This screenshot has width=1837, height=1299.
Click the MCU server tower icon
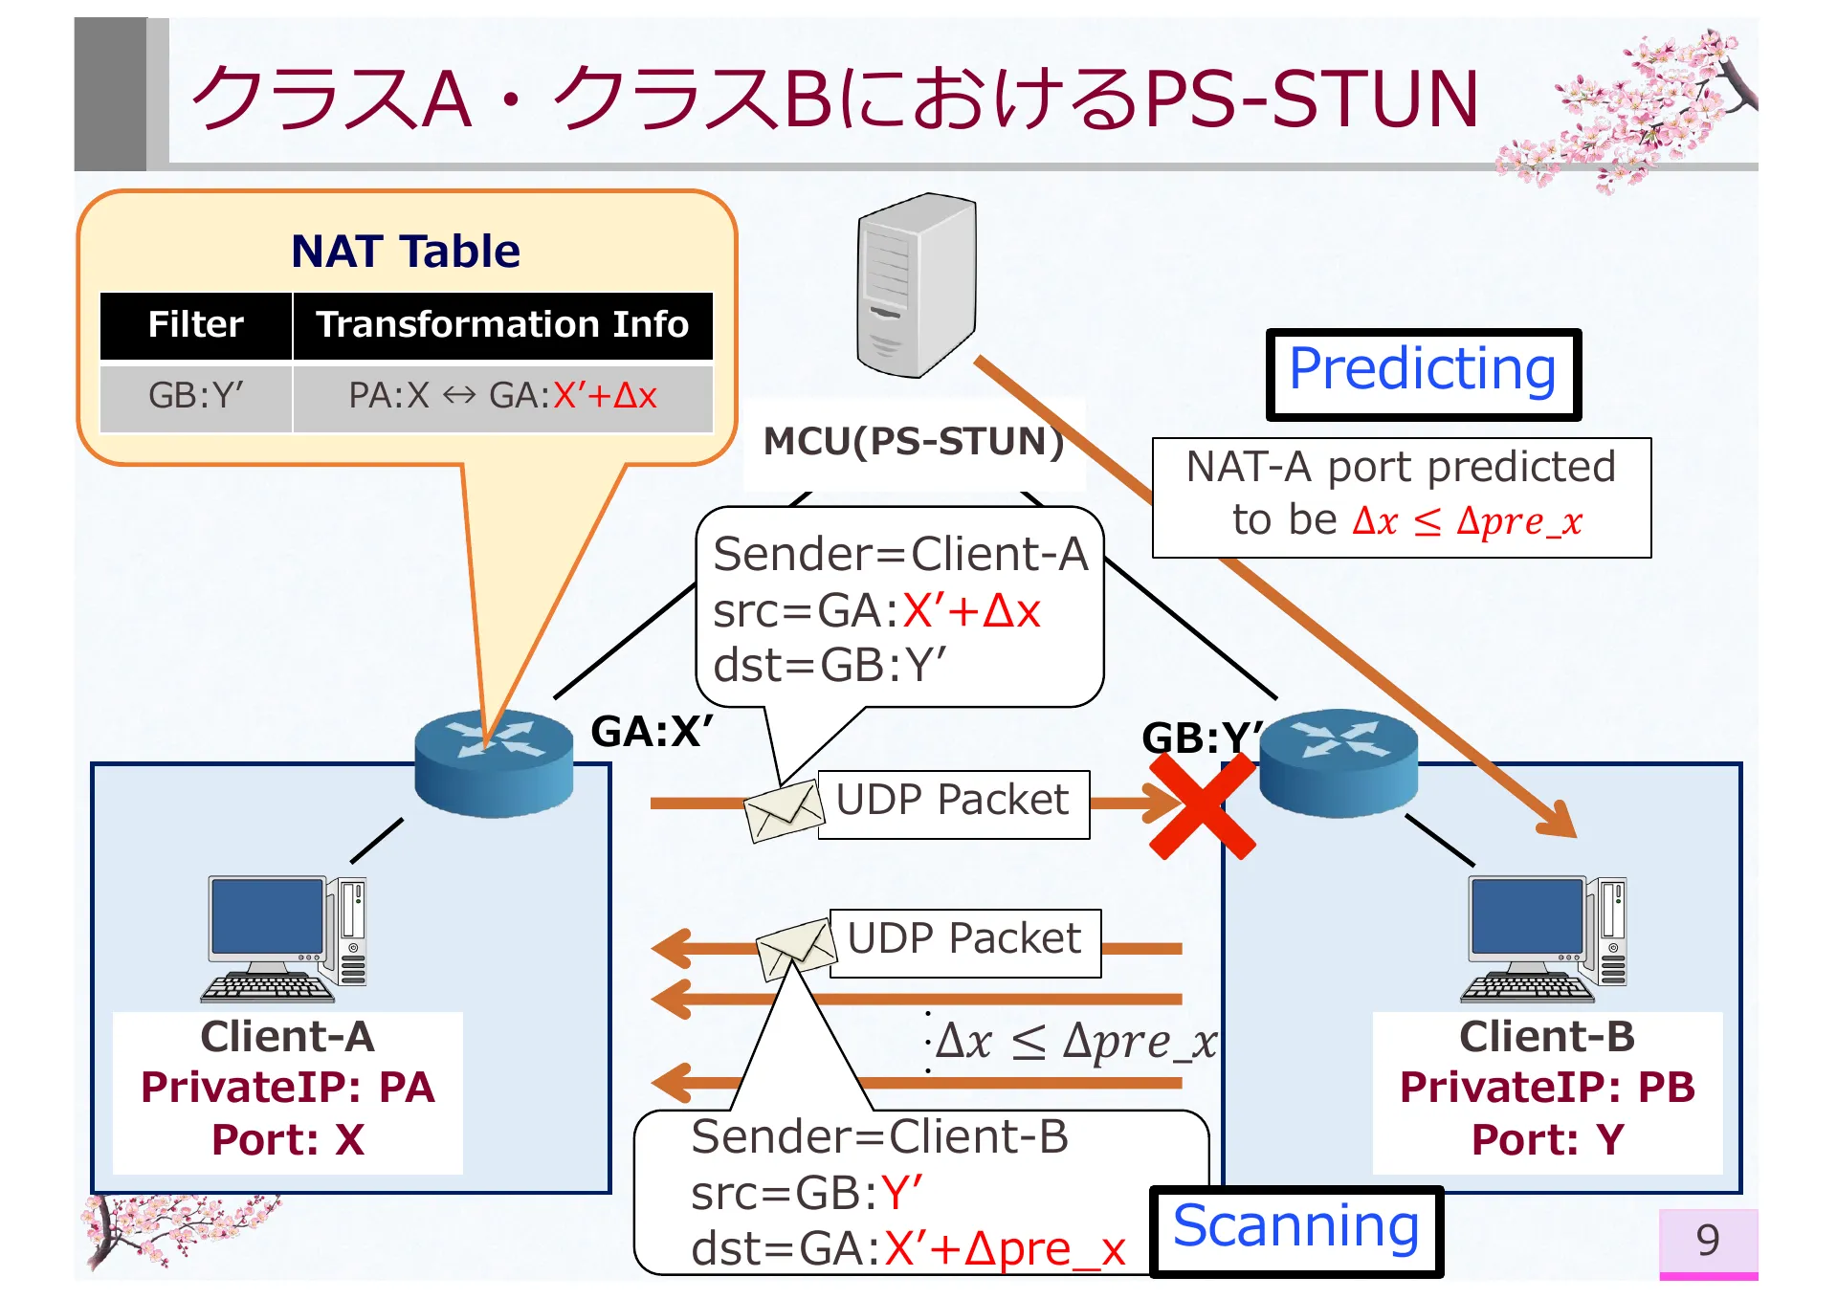point(916,286)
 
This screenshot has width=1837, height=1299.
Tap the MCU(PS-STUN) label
point(913,442)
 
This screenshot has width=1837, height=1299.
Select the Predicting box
point(1423,374)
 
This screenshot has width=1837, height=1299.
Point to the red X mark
point(1202,805)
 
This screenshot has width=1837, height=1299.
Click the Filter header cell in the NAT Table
point(196,325)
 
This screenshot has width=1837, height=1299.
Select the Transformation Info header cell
point(502,325)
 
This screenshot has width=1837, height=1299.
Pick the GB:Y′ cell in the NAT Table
point(196,396)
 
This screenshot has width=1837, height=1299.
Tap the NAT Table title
point(406,252)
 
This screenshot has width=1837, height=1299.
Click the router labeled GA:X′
point(494,763)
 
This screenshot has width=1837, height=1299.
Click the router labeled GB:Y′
point(1339,763)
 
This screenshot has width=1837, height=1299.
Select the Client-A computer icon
point(286,938)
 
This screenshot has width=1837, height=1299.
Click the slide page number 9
point(1708,1242)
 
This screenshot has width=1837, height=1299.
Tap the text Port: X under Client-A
point(288,1140)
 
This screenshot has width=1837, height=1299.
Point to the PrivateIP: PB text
point(1547,1089)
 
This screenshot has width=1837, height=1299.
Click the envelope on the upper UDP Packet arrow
point(784,810)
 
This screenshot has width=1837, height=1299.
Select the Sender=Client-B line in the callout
point(879,1138)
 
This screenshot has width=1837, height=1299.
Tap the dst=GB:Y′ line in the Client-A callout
point(830,666)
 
